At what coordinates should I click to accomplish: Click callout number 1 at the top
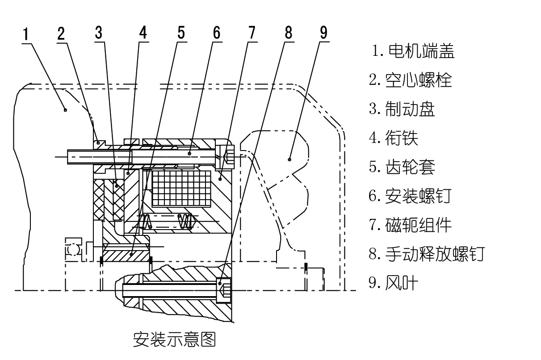tap(27, 33)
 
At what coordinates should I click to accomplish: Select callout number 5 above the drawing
tap(181, 33)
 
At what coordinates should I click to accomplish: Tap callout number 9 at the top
tap(323, 33)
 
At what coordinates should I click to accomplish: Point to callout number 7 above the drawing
tap(252, 33)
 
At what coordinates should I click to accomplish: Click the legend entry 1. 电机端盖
tap(413, 52)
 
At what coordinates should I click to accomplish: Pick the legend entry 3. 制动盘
tap(402, 109)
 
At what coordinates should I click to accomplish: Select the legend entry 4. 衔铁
tap(394, 138)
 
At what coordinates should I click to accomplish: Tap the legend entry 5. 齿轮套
tap(402, 167)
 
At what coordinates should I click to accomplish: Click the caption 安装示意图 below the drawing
tap(174, 339)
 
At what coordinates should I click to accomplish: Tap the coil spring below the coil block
tap(185, 221)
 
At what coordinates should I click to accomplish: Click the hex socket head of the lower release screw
tap(225, 291)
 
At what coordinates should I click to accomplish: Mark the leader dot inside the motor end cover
tap(65, 109)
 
